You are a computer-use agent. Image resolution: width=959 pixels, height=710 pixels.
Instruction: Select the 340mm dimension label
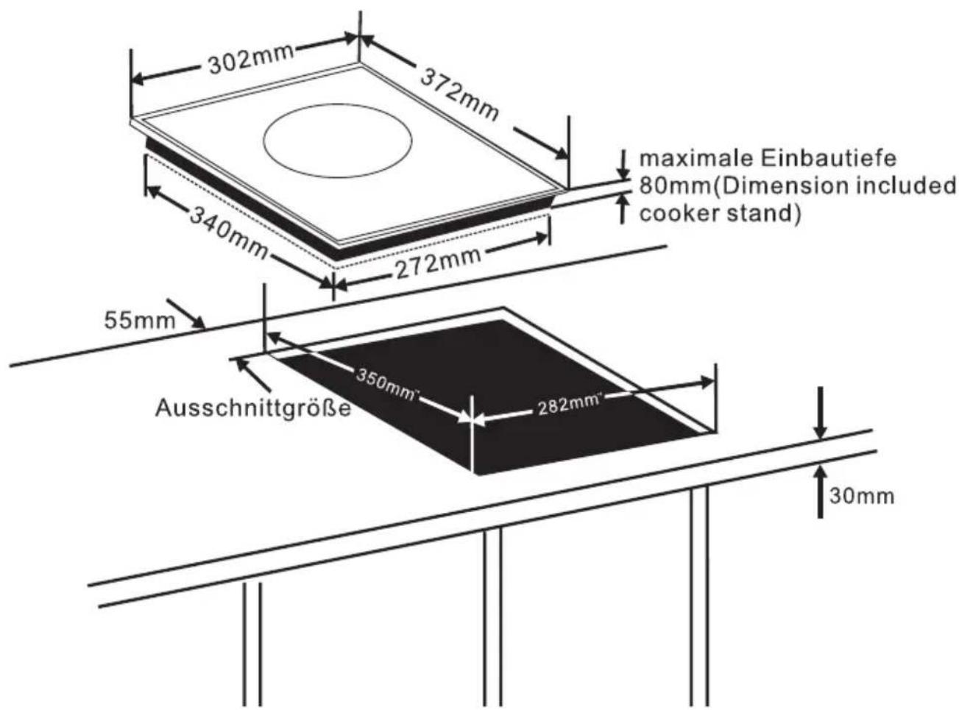coord(229,231)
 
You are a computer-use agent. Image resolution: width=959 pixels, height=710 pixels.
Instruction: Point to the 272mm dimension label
coord(439,263)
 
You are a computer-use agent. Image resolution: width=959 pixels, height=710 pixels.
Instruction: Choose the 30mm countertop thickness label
coord(862,495)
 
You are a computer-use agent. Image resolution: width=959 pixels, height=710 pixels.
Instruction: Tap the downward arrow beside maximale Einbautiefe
coord(624,163)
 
